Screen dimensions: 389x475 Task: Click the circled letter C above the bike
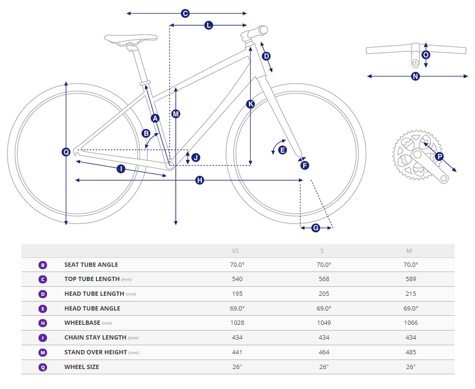(185, 14)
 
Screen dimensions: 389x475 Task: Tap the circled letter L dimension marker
(209, 25)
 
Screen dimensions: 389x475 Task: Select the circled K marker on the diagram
(251, 104)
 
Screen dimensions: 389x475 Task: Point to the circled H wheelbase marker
(199, 180)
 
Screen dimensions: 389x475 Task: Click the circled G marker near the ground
(316, 228)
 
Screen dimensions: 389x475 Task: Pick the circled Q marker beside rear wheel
(66, 152)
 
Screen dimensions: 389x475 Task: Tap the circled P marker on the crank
(439, 156)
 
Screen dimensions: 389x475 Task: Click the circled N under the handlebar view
(416, 76)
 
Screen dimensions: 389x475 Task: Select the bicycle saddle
(131, 39)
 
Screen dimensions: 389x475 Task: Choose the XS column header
(236, 251)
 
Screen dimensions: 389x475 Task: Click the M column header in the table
(409, 251)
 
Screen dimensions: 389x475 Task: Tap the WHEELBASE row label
(82, 323)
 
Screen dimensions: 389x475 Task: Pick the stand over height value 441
(237, 352)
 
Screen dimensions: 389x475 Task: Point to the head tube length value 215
(411, 294)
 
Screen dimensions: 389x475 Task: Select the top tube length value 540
(237, 279)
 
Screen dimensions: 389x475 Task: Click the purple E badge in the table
(43, 309)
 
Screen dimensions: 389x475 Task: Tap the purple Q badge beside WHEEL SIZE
(43, 367)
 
